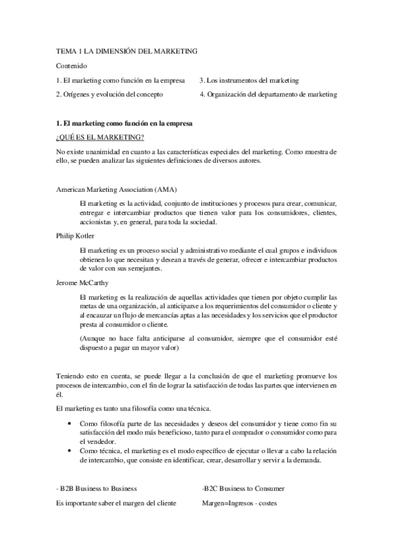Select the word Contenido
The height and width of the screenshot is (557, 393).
tap(72, 66)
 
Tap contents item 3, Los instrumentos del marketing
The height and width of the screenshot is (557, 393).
tap(249, 80)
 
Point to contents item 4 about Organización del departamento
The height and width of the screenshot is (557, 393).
tap(268, 95)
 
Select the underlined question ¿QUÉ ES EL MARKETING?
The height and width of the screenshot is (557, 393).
tap(100, 137)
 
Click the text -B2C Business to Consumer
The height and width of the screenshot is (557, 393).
tap(243, 489)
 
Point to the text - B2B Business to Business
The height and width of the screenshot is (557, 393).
tap(98, 489)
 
